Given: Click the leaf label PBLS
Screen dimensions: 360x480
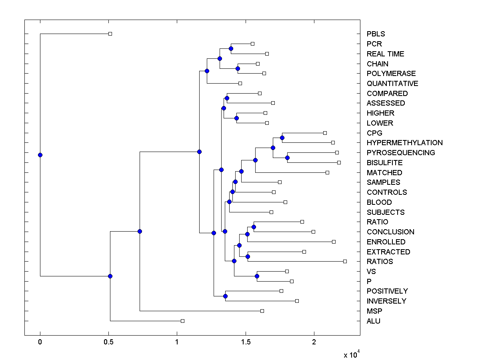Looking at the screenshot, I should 376,34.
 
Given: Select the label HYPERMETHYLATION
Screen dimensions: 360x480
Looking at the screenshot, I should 404,143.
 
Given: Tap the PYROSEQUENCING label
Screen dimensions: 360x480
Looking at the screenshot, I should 401,153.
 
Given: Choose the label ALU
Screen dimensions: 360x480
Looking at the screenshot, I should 374,321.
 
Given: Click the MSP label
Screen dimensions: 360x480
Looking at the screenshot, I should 374,311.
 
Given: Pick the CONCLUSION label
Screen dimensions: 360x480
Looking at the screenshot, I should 390,232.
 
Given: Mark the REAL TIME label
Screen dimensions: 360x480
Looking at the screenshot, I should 386,54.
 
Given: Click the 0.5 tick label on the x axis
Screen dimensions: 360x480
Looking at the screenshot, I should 108,342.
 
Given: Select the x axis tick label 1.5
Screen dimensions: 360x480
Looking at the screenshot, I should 245,342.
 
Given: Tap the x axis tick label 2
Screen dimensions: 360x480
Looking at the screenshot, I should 314,342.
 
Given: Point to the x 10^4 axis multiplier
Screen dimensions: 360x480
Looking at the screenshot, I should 352,354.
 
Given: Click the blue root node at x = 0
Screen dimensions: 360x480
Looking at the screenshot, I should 40,155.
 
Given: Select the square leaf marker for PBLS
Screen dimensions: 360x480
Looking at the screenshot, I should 110,34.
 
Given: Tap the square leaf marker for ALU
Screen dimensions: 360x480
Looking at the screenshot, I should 182,321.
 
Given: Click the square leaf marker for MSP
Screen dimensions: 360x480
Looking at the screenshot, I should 262,311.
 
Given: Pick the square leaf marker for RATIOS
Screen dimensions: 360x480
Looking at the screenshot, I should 345,261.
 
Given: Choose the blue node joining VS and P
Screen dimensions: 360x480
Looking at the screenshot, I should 257,276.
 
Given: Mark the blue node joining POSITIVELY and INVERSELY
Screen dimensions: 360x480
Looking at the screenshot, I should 225,296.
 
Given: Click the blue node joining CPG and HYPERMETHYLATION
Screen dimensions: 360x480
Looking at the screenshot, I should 282,138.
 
